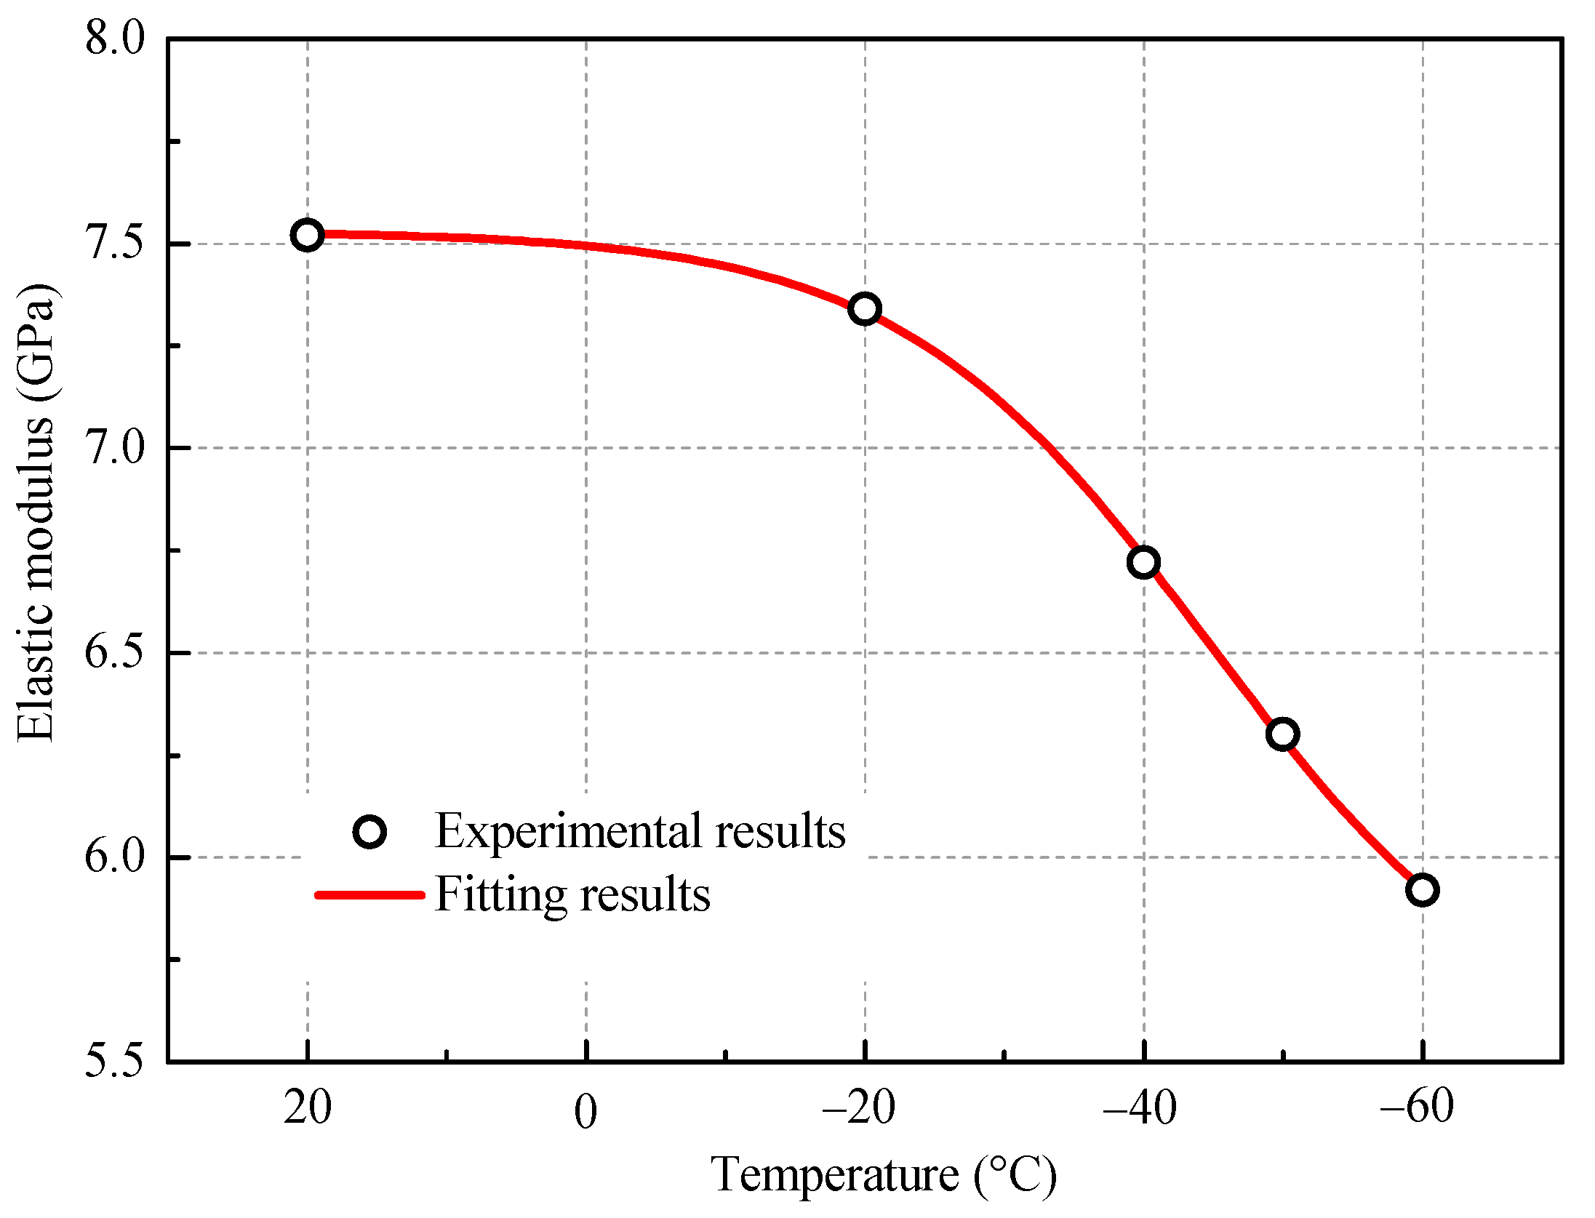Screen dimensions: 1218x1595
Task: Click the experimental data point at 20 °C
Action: click(307, 235)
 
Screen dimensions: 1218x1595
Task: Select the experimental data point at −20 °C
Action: click(865, 309)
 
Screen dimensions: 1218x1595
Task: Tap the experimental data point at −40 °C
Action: click(1143, 562)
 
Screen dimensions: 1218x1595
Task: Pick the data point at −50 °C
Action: click(1282, 734)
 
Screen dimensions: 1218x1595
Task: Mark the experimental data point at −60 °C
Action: click(1422, 890)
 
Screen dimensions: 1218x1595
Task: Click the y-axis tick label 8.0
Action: click(115, 38)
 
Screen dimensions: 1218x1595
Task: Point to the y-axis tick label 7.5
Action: click(115, 243)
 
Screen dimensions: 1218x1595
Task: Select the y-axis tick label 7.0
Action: click(115, 447)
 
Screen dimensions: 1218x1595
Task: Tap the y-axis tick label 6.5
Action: click(115, 652)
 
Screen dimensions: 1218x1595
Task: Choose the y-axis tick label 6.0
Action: click(115, 857)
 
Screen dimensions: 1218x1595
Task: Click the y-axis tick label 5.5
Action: click(115, 1061)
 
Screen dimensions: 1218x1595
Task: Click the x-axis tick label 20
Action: click(307, 1108)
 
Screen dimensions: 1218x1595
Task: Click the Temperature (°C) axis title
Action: click(883, 1175)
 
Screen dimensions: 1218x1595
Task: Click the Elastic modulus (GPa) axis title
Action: click(36, 513)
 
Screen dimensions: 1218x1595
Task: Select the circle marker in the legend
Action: click(369, 831)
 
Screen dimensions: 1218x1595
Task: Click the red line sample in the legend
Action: click(369, 894)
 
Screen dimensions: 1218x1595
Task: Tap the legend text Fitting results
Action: click(572, 894)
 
